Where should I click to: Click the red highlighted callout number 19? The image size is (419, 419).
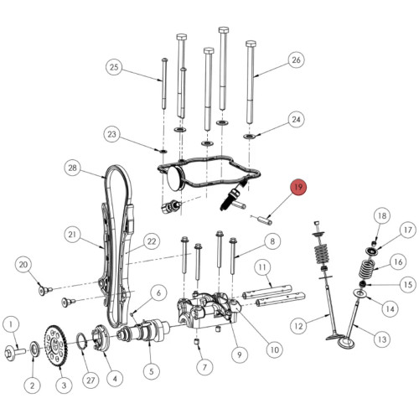click(298, 187)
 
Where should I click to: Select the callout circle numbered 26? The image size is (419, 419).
click(296, 59)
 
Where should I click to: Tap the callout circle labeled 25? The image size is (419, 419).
click(114, 67)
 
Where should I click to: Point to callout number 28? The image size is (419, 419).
click(72, 168)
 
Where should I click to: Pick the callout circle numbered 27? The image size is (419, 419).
click(91, 380)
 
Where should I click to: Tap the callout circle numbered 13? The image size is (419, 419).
click(382, 339)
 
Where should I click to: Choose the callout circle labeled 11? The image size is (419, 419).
click(262, 267)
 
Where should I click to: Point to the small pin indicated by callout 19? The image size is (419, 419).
click(265, 220)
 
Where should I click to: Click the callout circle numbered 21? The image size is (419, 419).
click(72, 234)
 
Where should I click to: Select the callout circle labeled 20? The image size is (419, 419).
click(23, 265)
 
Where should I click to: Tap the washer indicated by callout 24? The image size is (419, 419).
click(250, 137)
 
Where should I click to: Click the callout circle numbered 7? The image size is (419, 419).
click(204, 367)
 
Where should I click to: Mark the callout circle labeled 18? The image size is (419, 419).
click(382, 215)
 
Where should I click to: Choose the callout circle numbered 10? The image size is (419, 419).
click(275, 349)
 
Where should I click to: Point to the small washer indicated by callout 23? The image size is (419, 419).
click(163, 152)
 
